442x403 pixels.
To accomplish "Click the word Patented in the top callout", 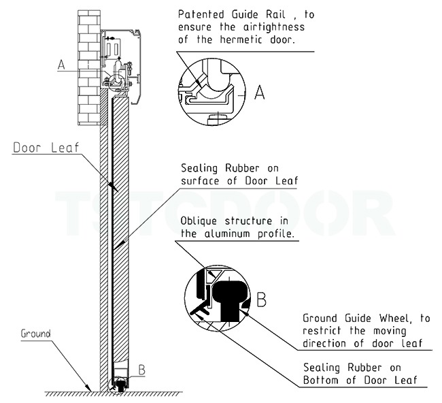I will pyautogui.click(x=200, y=14).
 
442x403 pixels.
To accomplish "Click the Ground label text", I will pyautogui.click(x=35, y=334).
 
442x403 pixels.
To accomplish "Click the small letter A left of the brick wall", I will pyautogui.click(x=61, y=65).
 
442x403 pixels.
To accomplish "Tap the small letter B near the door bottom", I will pyautogui.click(x=142, y=370).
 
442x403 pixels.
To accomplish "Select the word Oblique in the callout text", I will pyautogui.click(x=202, y=221).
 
